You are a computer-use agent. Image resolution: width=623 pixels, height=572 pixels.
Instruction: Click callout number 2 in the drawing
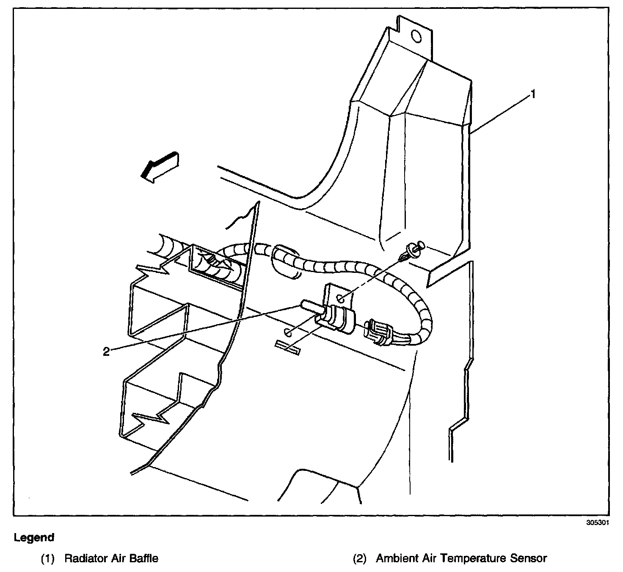click(106, 351)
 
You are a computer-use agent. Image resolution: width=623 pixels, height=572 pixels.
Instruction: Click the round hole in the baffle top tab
click(416, 37)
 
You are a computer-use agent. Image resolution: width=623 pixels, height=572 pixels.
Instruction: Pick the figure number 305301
click(597, 522)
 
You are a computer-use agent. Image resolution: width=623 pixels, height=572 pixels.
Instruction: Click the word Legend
click(34, 538)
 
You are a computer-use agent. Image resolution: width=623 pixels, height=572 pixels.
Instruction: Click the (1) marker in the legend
click(48, 558)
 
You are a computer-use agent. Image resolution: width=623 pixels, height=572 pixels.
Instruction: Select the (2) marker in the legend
click(359, 558)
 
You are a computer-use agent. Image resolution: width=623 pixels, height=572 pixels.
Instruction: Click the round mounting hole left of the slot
click(287, 332)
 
